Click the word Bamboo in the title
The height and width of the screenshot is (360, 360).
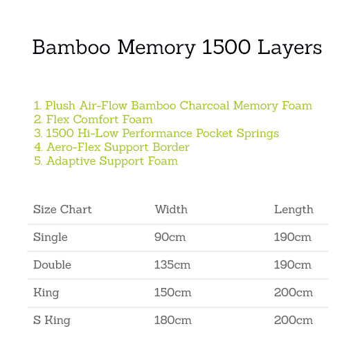click(71, 47)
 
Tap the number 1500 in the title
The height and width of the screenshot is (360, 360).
click(226, 47)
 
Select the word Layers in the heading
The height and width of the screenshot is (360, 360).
click(289, 48)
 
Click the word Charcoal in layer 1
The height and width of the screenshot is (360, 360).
click(204, 105)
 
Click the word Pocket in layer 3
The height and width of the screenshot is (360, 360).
click(214, 133)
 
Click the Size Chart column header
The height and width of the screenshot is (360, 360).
click(62, 209)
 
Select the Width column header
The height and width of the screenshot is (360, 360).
click(171, 209)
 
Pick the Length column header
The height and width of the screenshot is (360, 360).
click(294, 210)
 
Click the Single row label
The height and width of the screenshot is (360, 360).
click(51, 237)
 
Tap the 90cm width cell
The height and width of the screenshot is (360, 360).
click(170, 237)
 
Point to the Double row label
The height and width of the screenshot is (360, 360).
click(52, 264)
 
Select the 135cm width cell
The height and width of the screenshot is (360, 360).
click(172, 264)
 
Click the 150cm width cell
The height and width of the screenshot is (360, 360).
click(172, 292)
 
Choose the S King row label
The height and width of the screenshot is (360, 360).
click(52, 321)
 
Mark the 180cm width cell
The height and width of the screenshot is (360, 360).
click(173, 320)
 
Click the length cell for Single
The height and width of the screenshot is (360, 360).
click(293, 237)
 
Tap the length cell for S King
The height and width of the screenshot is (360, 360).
click(294, 320)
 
